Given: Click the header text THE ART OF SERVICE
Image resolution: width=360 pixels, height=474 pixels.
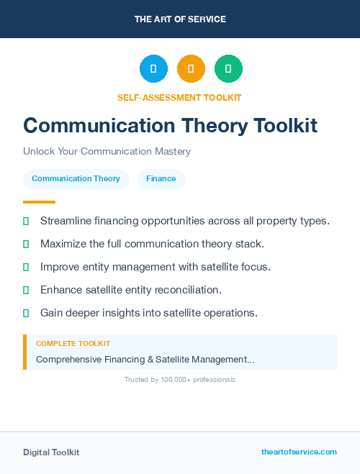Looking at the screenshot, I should click(180, 19).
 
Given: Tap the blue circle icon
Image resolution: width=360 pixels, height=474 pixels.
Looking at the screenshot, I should click(153, 69).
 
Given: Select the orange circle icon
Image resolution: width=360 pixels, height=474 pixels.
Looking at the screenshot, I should click(191, 69).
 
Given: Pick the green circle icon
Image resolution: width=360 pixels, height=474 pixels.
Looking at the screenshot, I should click(228, 69).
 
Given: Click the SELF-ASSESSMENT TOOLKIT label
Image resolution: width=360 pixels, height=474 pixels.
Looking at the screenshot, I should click(179, 97).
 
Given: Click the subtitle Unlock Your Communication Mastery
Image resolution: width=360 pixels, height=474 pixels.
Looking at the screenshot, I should click(107, 152).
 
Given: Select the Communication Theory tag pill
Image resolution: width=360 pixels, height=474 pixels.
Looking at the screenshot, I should click(76, 179).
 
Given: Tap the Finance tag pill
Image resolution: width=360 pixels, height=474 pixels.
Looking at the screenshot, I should click(161, 179).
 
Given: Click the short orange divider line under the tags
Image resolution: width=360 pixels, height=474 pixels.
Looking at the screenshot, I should click(39, 202).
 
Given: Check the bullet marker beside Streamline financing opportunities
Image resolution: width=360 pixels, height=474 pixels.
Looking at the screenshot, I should click(26, 221).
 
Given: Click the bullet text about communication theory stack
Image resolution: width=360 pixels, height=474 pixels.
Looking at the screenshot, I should click(153, 244).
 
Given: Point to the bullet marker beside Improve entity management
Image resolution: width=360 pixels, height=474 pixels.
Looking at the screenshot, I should click(26, 267).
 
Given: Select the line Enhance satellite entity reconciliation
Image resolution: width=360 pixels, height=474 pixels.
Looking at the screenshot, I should click(131, 290).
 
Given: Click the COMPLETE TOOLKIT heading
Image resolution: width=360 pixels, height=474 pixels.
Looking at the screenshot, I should click(73, 344).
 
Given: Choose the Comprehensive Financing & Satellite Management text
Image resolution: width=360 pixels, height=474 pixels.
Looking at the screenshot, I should click(145, 359).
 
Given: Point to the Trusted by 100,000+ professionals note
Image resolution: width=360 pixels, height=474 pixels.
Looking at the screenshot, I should click(180, 379).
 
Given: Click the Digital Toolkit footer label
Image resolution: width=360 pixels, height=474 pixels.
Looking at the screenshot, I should click(51, 452).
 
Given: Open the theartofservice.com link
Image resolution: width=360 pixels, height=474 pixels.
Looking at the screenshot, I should click(299, 452).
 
